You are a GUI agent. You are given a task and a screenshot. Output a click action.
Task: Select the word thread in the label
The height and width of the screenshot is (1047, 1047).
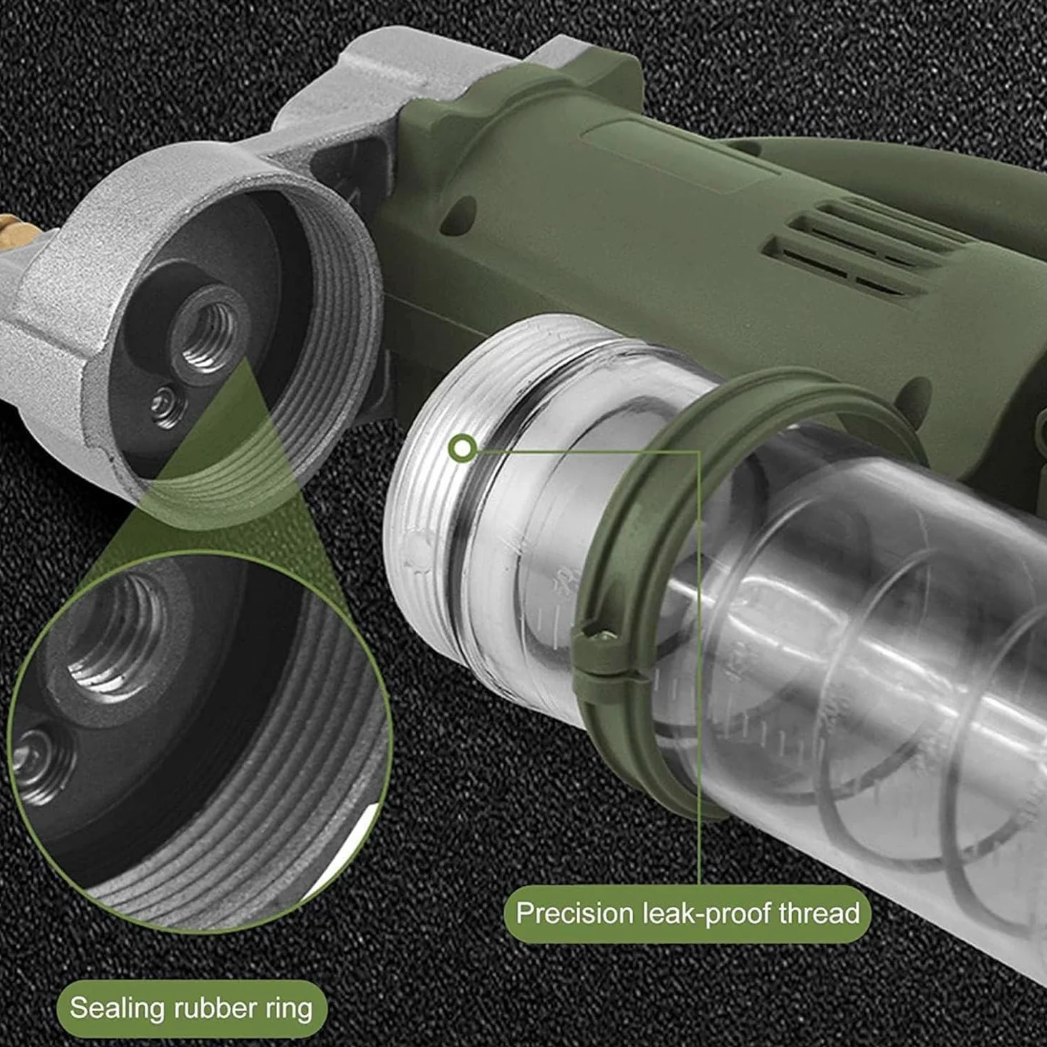(x=820, y=912)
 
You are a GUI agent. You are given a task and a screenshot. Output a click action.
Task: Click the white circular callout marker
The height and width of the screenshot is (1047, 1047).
(x=463, y=448)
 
